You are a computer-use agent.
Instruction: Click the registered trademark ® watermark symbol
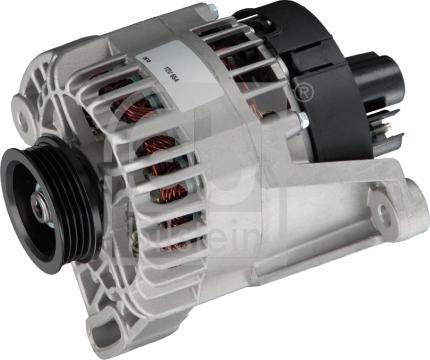[304, 95]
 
